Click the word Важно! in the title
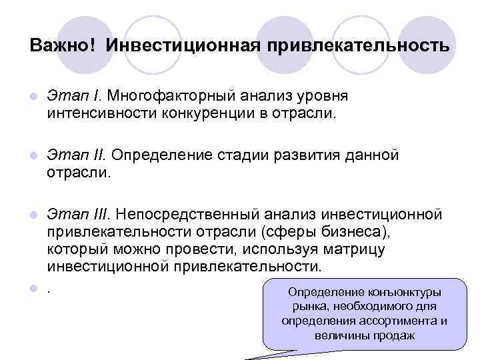tap(62, 46)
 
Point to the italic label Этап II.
tap(77, 155)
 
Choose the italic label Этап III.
tap(80, 214)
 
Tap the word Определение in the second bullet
tap(160, 155)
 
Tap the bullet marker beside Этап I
tap(33, 97)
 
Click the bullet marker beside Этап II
tap(33, 156)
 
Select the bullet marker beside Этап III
tap(33, 215)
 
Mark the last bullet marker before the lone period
tap(33, 288)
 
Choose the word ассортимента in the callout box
tap(395, 321)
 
